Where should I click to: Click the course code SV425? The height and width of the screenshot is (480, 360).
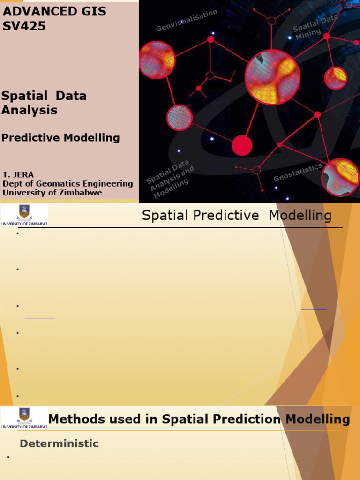pyautogui.click(x=24, y=26)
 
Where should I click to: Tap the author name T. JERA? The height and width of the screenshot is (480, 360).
pyautogui.click(x=18, y=175)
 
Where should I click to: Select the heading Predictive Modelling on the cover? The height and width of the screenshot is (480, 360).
pyautogui.click(x=60, y=138)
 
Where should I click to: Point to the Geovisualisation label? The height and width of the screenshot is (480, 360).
pyautogui.click(x=187, y=21)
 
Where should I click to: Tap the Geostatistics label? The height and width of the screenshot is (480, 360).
pyautogui.click(x=298, y=172)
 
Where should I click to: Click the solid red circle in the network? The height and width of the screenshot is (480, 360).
pyautogui.click(x=242, y=145)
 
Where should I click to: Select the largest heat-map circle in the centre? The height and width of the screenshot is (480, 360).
pyautogui.click(x=272, y=77)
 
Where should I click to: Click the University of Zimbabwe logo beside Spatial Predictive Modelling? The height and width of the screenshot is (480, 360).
pyautogui.click(x=24, y=215)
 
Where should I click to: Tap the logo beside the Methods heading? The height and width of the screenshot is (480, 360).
pyautogui.click(x=24, y=418)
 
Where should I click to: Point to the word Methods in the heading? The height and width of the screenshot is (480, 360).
pyautogui.click(x=74, y=419)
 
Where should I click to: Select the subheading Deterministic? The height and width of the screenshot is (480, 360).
pyautogui.click(x=59, y=443)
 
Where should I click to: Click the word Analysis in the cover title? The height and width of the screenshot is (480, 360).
pyautogui.click(x=29, y=110)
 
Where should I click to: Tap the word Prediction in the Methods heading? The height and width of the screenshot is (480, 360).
pyautogui.click(x=247, y=419)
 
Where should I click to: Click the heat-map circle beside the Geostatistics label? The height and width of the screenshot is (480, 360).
pyautogui.click(x=341, y=177)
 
